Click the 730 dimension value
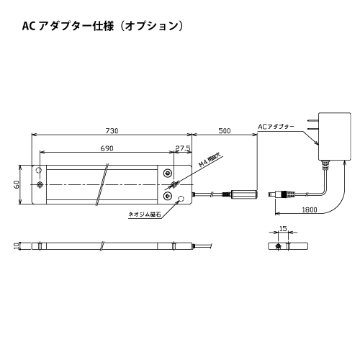(x=112, y=131)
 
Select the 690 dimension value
(x=107, y=148)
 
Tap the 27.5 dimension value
(x=183, y=148)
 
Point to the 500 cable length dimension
(x=225, y=131)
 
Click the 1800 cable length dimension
(x=310, y=210)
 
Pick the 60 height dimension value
(x=17, y=184)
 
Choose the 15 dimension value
(x=283, y=229)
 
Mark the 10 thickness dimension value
(x=17, y=246)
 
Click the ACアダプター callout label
(x=276, y=127)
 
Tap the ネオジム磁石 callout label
(x=145, y=215)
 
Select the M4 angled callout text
(x=210, y=161)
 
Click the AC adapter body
(x=335, y=136)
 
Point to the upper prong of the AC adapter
(x=312, y=120)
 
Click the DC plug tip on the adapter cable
(x=271, y=194)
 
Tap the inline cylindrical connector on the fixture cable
(x=244, y=194)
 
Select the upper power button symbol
(x=167, y=173)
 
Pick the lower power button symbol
(x=167, y=196)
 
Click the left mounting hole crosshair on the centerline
(x=40, y=184)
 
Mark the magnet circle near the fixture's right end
(x=181, y=199)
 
